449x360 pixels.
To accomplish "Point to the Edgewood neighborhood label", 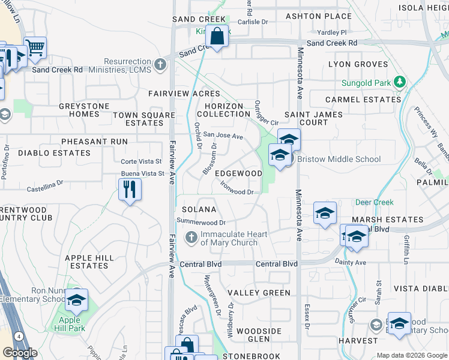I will coord(238,173).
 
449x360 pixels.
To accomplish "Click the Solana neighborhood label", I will coord(199,209).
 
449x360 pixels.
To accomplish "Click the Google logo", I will coord(20,353).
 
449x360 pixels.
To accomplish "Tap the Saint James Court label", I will coord(313,118).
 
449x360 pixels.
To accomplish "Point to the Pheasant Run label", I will coord(94,142).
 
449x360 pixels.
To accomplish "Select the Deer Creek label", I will coord(374,203).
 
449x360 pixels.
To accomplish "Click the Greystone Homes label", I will coord(84,110).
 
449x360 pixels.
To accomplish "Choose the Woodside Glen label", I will coord(259,335).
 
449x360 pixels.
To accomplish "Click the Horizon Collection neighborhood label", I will coord(220,110).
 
